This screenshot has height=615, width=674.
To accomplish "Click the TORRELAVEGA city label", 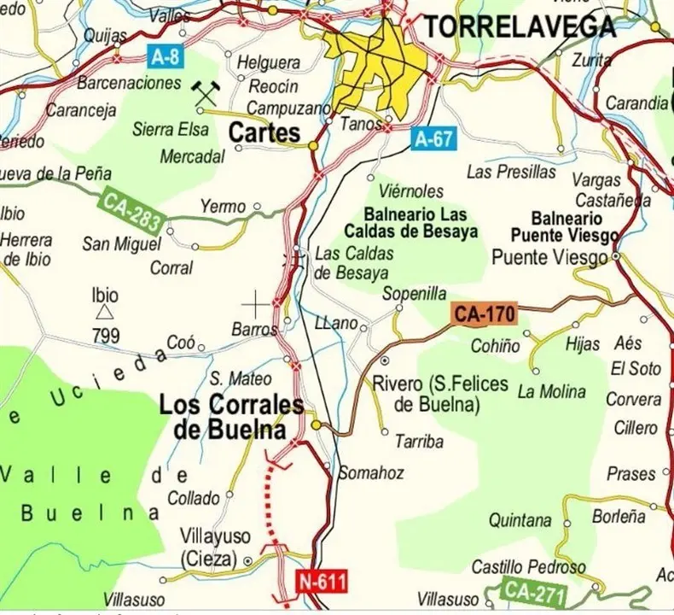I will click(520, 27).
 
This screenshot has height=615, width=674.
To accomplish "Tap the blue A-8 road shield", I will click(165, 57).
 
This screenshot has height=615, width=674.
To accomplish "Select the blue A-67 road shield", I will click(433, 138).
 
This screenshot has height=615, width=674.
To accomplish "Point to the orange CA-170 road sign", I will click(485, 314).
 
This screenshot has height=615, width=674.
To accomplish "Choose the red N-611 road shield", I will click(323, 583).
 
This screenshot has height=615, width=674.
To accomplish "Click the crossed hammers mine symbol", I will click(206, 93).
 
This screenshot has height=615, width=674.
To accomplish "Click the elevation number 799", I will click(106, 336).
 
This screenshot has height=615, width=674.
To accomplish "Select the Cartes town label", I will click(264, 133).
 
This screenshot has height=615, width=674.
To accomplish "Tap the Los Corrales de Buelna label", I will click(231, 417).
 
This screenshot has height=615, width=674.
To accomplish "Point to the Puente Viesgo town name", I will click(551, 257).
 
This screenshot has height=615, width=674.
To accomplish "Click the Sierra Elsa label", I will click(171, 130).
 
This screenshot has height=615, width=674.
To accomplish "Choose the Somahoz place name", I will click(371, 473).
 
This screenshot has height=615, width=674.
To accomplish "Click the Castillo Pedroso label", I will click(528, 567).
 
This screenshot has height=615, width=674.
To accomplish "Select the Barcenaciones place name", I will click(129, 83).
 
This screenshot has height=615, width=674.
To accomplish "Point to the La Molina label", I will click(551, 392).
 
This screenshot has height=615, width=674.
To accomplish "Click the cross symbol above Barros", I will click(255, 303).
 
